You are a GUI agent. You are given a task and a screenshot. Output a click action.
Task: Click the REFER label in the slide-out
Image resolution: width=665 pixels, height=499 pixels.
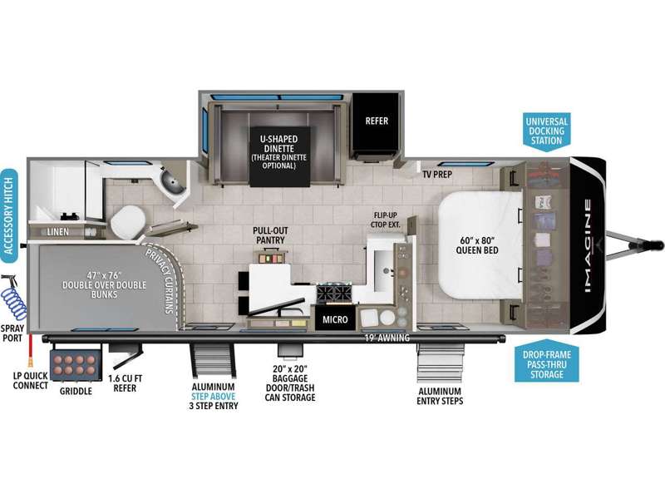[x=377, y=121]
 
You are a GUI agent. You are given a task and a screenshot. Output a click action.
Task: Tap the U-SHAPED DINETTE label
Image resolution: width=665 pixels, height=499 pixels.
[x=278, y=144]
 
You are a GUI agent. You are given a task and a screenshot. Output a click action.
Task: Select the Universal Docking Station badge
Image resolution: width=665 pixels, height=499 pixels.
[x=546, y=131]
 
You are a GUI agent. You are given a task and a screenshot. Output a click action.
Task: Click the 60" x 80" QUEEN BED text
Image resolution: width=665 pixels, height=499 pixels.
[x=477, y=245]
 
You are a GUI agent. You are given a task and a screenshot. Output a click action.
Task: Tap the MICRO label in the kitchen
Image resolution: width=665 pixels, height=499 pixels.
[x=335, y=319]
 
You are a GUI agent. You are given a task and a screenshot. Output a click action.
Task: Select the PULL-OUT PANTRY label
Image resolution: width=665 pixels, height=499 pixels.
[x=270, y=235]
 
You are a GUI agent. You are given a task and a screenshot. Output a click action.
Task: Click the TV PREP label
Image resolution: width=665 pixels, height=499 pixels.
[x=437, y=174]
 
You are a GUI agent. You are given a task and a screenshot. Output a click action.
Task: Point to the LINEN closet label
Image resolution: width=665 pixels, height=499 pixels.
[x=57, y=232]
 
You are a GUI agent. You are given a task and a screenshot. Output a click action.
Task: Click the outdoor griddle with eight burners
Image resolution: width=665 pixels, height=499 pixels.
[x=76, y=364]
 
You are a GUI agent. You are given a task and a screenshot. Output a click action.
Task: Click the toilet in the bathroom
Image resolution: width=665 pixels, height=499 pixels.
[x=128, y=221]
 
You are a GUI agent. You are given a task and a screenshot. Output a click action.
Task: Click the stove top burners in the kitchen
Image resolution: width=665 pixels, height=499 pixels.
[x=334, y=294]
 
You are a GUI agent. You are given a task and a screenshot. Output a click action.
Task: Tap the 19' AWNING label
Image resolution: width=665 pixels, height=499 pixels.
[x=387, y=338]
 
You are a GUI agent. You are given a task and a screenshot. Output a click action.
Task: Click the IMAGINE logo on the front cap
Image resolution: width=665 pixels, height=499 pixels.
[x=588, y=246]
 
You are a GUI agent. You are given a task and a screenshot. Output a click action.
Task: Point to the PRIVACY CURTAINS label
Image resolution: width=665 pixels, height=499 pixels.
[x=163, y=280]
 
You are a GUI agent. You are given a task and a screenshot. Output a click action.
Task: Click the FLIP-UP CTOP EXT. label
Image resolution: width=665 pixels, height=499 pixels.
[x=386, y=220]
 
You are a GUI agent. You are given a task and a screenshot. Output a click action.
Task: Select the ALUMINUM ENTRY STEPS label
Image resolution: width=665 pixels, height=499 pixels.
[x=440, y=396]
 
